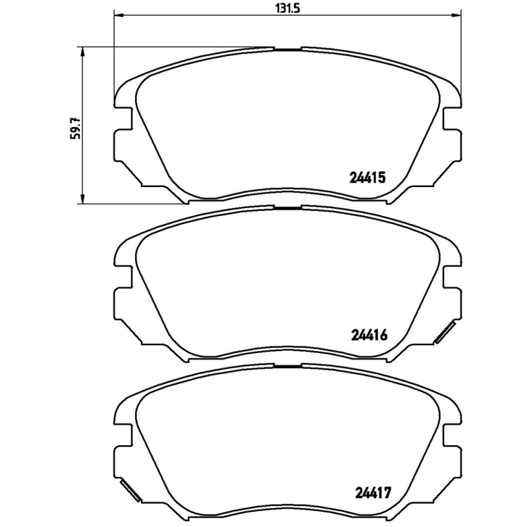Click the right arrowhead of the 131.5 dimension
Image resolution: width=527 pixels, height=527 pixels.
[x=455, y=14]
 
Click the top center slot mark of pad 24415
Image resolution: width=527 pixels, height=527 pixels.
[x=287, y=48]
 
